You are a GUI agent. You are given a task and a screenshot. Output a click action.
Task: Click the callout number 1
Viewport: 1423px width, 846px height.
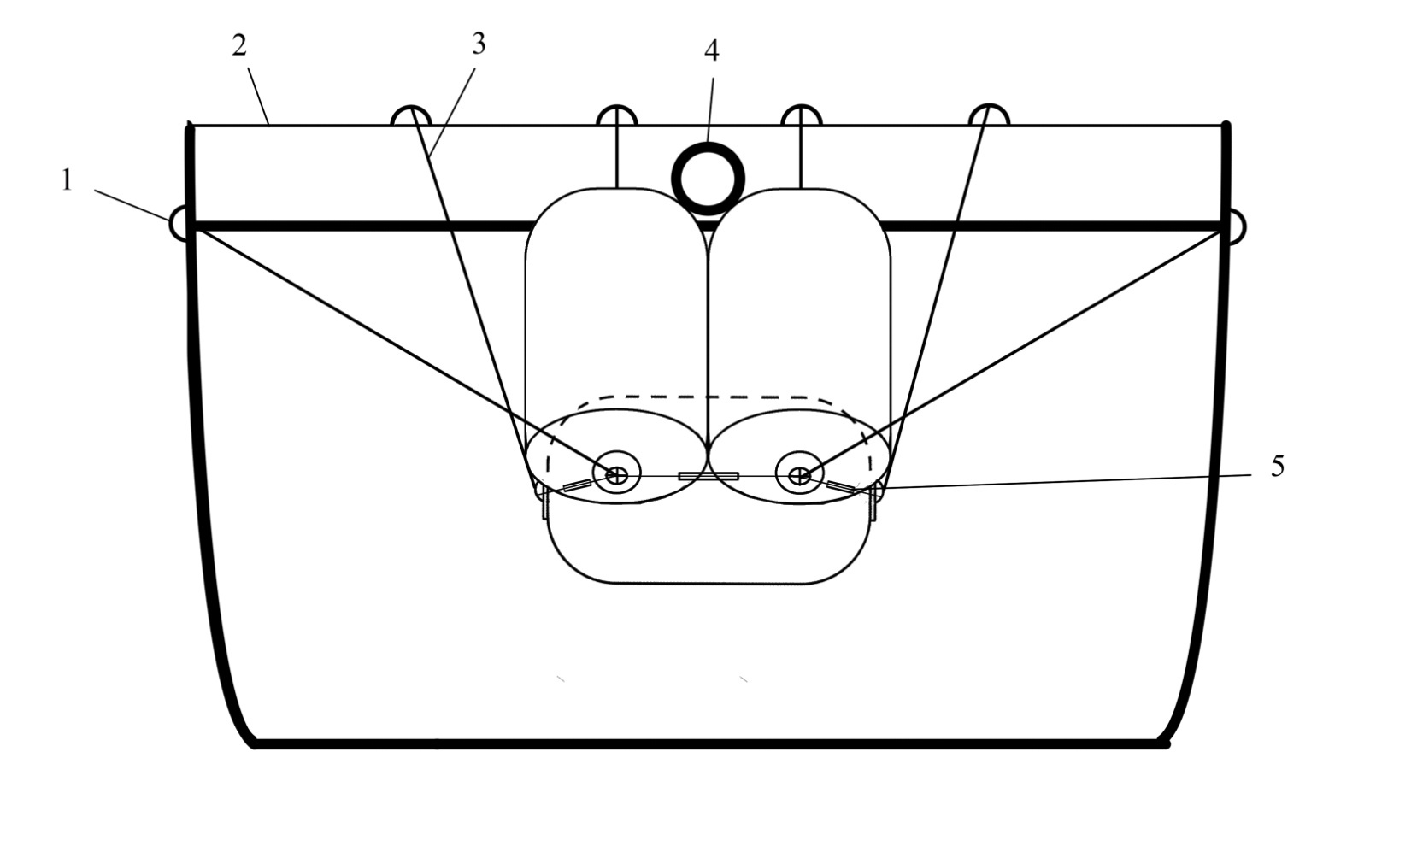pyautogui.click(x=68, y=180)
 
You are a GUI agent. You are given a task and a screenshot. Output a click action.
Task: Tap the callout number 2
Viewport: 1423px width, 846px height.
pyautogui.click(x=238, y=45)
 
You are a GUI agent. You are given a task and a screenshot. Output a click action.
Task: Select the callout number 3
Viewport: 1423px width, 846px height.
pyautogui.click(x=479, y=44)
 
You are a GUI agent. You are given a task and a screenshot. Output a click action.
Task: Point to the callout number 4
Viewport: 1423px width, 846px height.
pyautogui.click(x=711, y=50)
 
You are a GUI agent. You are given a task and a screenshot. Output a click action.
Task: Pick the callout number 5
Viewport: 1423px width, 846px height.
pyautogui.click(x=1277, y=466)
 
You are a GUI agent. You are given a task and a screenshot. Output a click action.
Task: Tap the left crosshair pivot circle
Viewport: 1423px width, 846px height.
pyautogui.click(x=616, y=475)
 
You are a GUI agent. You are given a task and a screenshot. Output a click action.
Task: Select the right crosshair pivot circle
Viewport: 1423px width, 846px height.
pyautogui.click(x=800, y=475)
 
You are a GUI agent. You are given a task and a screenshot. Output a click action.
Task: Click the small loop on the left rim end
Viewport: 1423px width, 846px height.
pyautogui.click(x=179, y=224)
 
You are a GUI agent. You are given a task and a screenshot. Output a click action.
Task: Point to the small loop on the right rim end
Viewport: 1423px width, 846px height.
pyautogui.click(x=1236, y=226)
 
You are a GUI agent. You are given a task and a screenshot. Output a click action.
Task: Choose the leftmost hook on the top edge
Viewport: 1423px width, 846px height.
pyautogui.click(x=411, y=115)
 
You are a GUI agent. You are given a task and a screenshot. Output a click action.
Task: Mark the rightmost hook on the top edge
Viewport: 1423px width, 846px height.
pyautogui.click(x=989, y=115)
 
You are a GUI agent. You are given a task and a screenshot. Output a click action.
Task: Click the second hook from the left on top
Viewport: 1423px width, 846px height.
pyautogui.click(x=616, y=115)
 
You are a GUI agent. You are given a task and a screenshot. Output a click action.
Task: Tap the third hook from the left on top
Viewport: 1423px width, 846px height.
pyautogui.click(x=801, y=115)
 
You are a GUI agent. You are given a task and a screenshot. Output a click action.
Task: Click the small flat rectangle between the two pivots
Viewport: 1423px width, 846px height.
pyautogui.click(x=709, y=475)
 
